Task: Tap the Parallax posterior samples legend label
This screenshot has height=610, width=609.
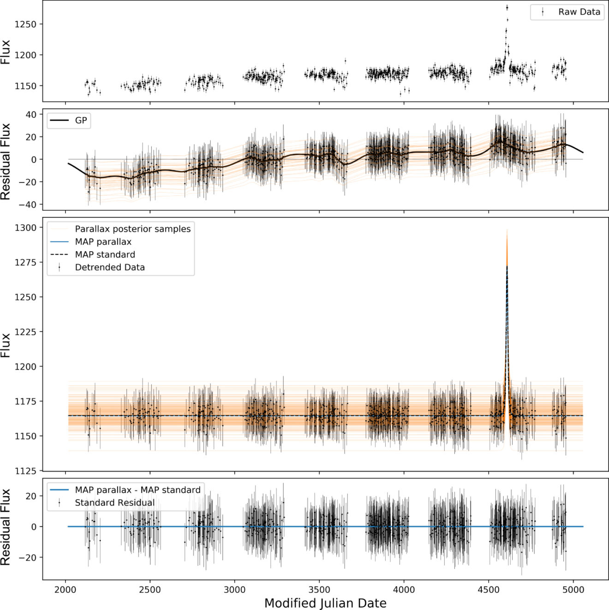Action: point(132,229)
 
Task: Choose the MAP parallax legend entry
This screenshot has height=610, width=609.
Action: point(103,242)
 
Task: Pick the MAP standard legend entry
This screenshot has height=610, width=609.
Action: point(105,254)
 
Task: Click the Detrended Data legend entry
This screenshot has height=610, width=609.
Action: point(109,267)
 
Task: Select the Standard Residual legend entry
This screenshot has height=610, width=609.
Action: point(114,503)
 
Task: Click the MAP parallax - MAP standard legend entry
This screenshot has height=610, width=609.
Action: point(137,490)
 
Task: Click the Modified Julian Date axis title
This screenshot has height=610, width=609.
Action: point(325,603)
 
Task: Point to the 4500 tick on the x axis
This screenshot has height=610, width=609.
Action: point(489,590)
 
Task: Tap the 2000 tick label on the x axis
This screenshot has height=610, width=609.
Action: point(65,590)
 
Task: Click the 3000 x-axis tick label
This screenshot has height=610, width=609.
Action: point(234,590)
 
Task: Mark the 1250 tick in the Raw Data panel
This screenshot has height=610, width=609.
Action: point(25,24)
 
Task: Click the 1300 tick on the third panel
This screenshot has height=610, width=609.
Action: point(25,228)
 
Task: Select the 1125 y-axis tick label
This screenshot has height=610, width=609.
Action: point(25,471)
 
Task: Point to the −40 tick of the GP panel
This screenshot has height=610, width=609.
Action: point(28,205)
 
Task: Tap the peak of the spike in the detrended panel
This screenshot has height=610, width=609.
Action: point(507,266)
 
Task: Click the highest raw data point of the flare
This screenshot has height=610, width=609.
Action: point(507,7)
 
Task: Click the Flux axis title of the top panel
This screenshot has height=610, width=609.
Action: point(6,52)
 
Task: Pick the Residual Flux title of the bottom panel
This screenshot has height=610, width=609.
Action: point(6,527)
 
